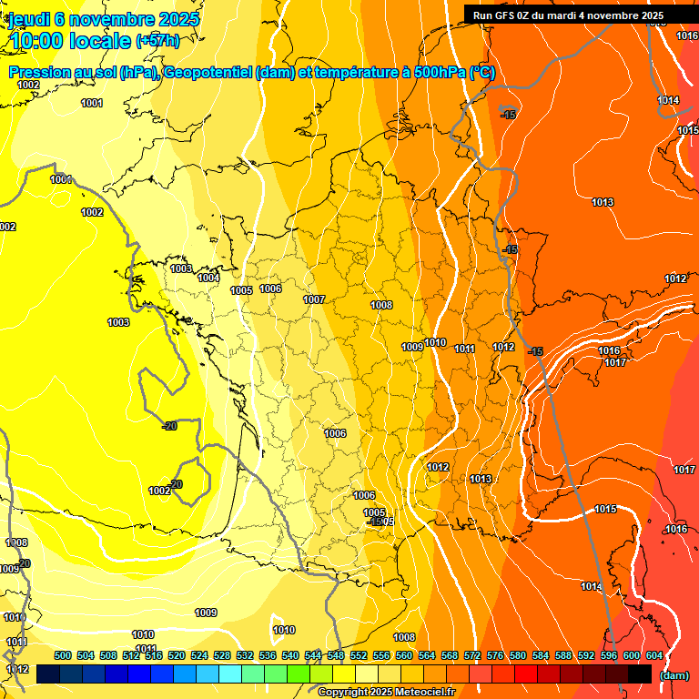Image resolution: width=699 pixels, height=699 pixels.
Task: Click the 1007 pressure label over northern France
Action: tap(314, 299)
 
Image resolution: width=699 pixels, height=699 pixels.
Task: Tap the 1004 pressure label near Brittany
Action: tap(208, 278)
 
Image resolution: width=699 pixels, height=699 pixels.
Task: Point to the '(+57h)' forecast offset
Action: tap(157, 41)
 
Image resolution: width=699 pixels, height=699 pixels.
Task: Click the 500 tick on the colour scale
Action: tap(63, 655)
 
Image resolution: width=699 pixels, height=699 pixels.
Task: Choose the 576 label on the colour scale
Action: tap(495, 655)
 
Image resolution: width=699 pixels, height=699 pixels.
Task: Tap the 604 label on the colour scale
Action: tap(653, 655)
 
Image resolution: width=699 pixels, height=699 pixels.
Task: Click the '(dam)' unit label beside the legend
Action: tap(674, 674)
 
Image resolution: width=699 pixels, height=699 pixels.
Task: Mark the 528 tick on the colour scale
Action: tap(222, 655)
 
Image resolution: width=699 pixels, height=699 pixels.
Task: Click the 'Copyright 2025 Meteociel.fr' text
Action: tap(386, 692)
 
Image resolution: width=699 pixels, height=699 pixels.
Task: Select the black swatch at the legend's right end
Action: tap(640, 674)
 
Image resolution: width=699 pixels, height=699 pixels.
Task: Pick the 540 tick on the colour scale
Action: tap(290, 655)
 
